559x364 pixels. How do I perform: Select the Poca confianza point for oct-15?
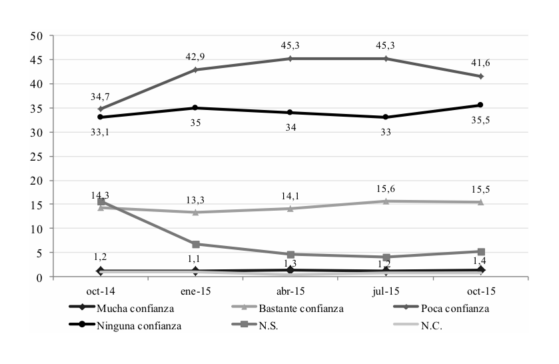pos(480,76)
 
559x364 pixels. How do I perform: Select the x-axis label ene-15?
pos(195,291)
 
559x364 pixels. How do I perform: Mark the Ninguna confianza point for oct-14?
pos(101,117)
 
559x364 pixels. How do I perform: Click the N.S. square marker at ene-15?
pos(195,244)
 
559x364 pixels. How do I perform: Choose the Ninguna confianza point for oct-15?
pos(480,105)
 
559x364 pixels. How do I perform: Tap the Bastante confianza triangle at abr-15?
pos(290,209)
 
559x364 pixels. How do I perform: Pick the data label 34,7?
pos(101,97)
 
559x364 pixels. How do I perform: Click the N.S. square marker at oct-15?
pos(480,251)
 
